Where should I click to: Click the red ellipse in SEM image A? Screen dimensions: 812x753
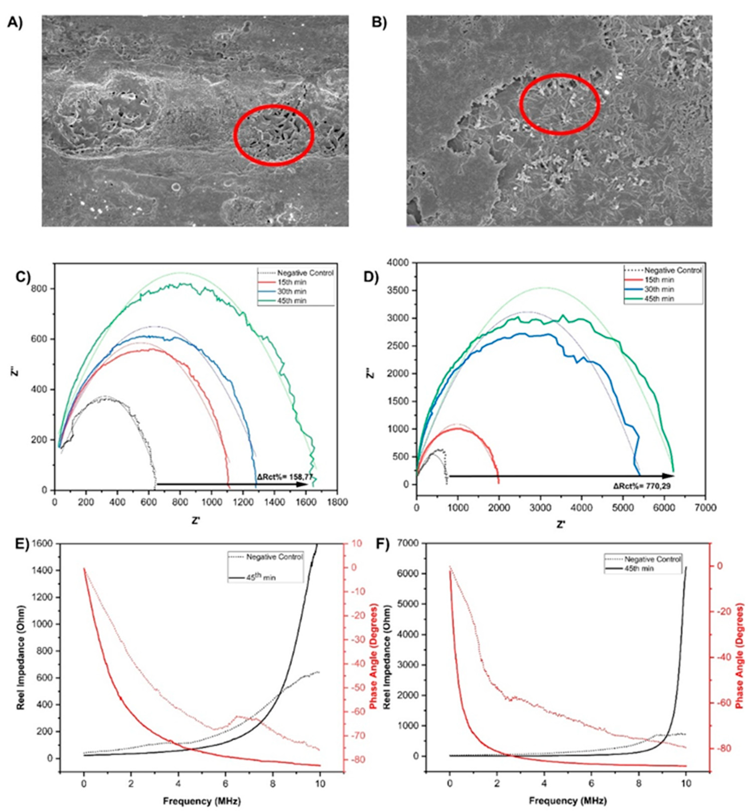click(274, 135)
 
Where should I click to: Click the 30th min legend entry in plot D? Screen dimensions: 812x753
click(660, 289)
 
